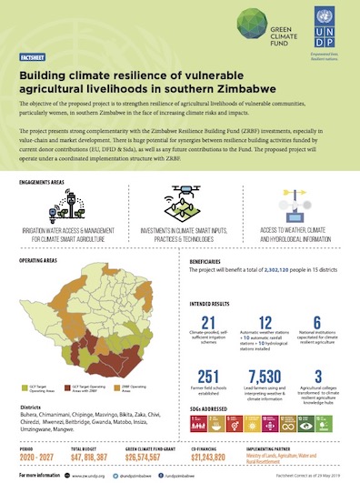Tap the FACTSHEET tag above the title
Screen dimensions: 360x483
(33, 56)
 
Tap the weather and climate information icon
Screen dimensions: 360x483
(290, 207)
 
